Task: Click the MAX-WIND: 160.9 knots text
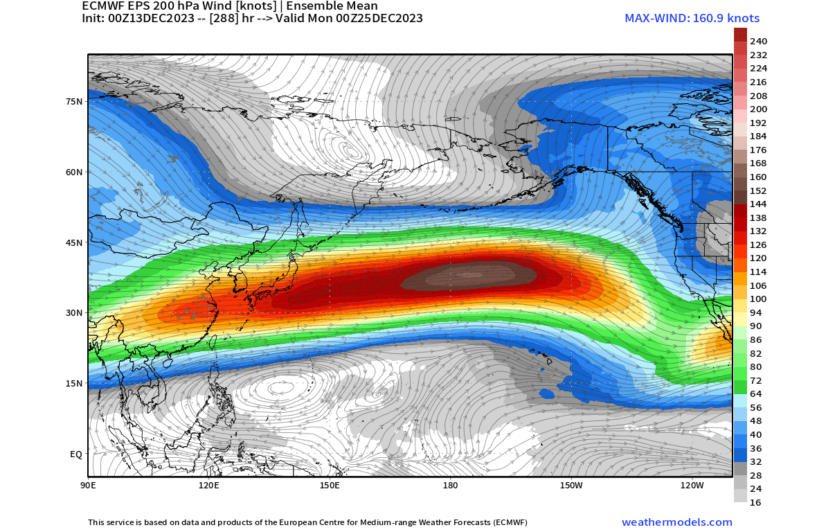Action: [692, 19]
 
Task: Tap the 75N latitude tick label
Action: [74, 101]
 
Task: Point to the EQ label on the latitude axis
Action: [76, 454]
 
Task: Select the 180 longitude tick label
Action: [450, 486]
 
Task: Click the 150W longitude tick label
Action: [571, 486]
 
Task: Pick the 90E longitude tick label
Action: [88, 486]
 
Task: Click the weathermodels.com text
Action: [676, 522]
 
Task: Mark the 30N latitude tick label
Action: [74, 313]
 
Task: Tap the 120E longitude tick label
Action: [208, 486]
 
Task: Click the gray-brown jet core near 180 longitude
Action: [471, 276]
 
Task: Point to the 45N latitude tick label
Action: [74, 242]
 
